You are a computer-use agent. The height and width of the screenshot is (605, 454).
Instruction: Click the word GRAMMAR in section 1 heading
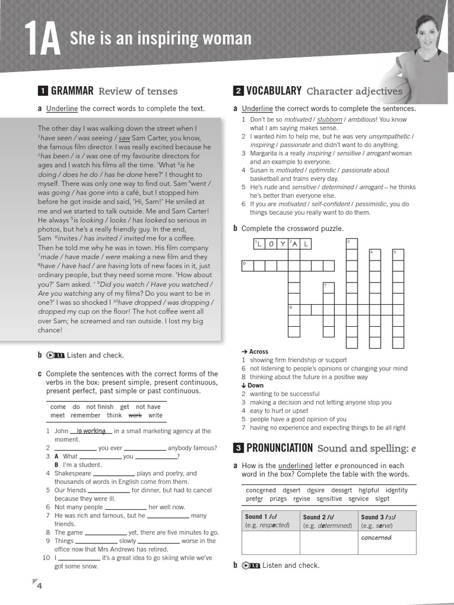click(x=72, y=91)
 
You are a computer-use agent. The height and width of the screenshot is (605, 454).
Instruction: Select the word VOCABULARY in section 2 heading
click(x=274, y=91)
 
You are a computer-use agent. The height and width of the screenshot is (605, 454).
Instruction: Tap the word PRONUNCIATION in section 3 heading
click(x=280, y=448)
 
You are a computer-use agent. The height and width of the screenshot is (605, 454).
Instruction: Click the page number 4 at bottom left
click(x=39, y=586)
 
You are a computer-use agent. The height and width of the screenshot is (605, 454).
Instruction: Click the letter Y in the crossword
click(x=282, y=244)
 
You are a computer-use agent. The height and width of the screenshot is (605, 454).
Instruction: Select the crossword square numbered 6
click(x=248, y=265)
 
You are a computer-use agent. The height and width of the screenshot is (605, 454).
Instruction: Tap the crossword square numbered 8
click(x=294, y=309)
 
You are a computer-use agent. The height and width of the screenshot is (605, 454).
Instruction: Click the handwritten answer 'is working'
click(x=90, y=431)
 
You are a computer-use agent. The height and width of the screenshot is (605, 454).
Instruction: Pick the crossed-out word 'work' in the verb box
click(x=135, y=415)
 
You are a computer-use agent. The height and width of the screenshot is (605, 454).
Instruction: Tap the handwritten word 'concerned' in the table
click(x=377, y=538)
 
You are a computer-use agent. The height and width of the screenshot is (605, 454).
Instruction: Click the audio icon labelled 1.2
click(x=251, y=565)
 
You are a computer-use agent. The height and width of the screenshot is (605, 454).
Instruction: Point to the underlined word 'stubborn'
click(x=329, y=119)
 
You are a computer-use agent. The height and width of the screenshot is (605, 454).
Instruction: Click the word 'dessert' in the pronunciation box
click(x=342, y=490)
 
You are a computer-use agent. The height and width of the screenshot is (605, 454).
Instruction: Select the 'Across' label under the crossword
click(x=255, y=352)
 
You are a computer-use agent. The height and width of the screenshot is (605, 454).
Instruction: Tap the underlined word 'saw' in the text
click(x=124, y=138)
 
